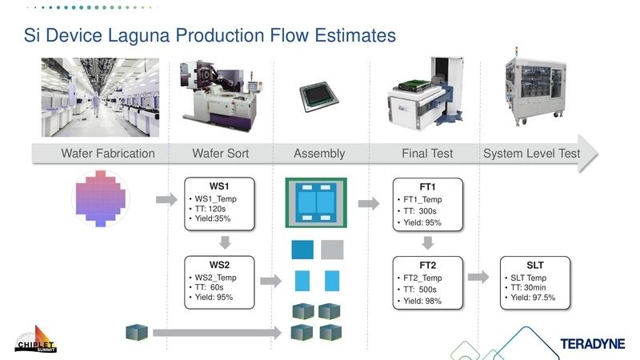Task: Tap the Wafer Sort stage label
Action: click(x=221, y=154)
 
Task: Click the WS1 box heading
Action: click(x=219, y=186)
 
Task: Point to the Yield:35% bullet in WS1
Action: click(x=216, y=220)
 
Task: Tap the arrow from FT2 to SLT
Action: click(x=478, y=277)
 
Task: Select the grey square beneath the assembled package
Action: click(x=332, y=250)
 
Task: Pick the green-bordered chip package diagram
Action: click(x=319, y=203)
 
